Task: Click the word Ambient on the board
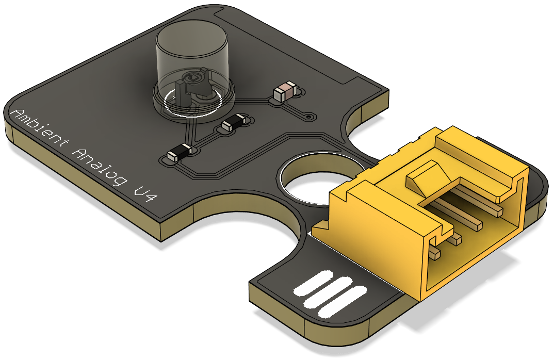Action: (x=40, y=129)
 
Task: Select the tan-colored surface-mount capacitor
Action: (x=285, y=91)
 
